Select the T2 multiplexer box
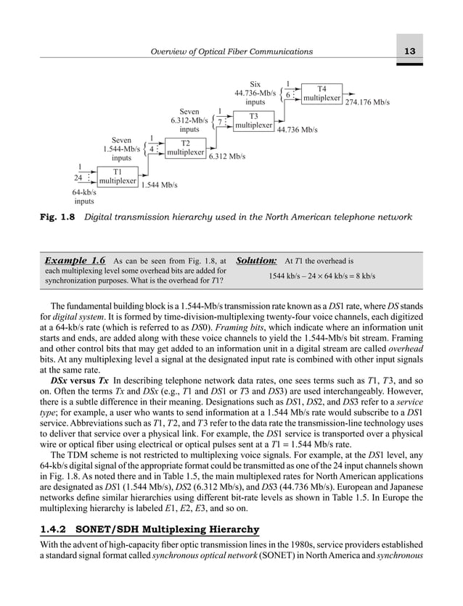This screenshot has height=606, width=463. coord(185,148)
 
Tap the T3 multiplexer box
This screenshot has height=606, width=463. coord(253,120)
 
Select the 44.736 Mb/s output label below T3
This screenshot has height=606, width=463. coord(298,130)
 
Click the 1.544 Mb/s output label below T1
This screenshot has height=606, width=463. coord(159,186)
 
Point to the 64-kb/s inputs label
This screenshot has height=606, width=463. coord(84,196)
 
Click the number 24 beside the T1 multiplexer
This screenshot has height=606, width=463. coord(78,175)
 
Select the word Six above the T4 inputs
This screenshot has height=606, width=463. coord(254,83)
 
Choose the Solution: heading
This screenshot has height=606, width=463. coord(256,260)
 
